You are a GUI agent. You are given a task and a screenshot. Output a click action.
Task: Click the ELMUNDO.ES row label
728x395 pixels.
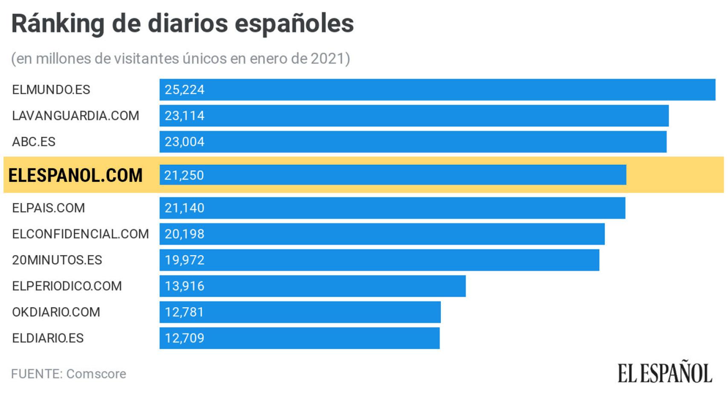click(51, 90)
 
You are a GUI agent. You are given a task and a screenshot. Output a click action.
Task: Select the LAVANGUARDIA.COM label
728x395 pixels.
click(76, 116)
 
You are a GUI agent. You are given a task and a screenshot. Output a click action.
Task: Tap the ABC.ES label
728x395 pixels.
click(34, 142)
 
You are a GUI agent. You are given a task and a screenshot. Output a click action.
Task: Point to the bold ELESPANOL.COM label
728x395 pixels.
click(76, 175)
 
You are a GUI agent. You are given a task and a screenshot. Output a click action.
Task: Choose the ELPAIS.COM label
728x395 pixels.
click(48, 208)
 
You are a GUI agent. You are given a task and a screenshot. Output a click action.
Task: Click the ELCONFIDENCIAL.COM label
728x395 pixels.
click(80, 234)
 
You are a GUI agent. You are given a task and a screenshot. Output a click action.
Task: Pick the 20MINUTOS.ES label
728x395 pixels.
click(57, 260)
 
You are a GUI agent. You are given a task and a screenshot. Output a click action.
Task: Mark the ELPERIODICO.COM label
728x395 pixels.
click(67, 286)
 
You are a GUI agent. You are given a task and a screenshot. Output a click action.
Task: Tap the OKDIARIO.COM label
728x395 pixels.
click(56, 312)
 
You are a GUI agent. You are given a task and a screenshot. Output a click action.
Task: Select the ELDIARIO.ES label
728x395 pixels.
click(48, 338)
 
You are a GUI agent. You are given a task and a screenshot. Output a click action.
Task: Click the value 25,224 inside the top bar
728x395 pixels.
click(184, 90)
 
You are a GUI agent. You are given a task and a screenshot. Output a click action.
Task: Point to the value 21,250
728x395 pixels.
click(184, 175)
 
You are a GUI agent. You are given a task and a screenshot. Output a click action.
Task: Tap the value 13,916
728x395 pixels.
click(184, 286)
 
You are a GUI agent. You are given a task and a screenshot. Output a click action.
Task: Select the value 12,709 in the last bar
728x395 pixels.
click(184, 338)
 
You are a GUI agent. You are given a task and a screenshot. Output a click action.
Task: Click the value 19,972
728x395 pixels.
click(184, 260)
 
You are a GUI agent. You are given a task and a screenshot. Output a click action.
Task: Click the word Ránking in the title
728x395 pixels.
click(58, 24)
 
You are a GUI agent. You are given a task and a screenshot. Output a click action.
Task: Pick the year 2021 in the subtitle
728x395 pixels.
click(327, 58)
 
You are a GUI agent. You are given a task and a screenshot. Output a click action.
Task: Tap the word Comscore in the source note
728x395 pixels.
click(96, 374)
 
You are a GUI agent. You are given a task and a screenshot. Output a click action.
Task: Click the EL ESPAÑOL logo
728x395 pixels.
click(664, 373)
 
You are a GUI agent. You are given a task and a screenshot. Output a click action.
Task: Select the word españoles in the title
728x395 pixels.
click(294, 24)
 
